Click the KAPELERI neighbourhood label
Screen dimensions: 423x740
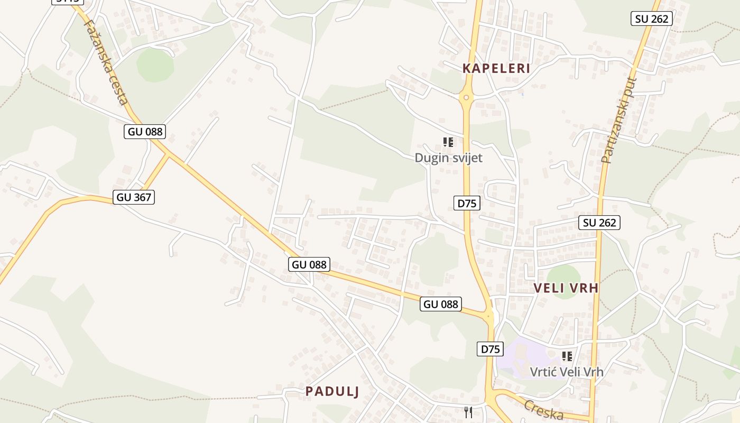coord(496,68)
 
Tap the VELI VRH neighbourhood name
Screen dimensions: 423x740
coord(566,288)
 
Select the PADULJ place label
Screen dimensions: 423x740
coord(332,391)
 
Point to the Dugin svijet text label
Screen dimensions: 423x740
coord(448,158)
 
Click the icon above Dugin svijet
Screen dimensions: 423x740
coord(448,142)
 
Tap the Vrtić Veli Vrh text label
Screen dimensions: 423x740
coord(567,372)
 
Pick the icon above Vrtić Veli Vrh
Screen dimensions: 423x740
coord(567,356)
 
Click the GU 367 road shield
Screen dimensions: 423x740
coord(134,197)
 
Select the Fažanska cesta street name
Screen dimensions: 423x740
coord(106,62)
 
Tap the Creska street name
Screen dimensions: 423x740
coord(544,410)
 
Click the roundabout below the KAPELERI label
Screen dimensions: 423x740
coord(466,97)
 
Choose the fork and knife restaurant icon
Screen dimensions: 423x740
coord(468,412)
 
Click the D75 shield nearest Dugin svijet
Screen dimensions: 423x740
coord(467,203)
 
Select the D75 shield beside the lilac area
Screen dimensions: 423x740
coord(490,349)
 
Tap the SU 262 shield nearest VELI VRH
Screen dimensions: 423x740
coord(599,223)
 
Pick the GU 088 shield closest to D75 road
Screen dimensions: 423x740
coord(441,304)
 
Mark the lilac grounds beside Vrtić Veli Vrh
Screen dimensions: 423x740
coord(521,357)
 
